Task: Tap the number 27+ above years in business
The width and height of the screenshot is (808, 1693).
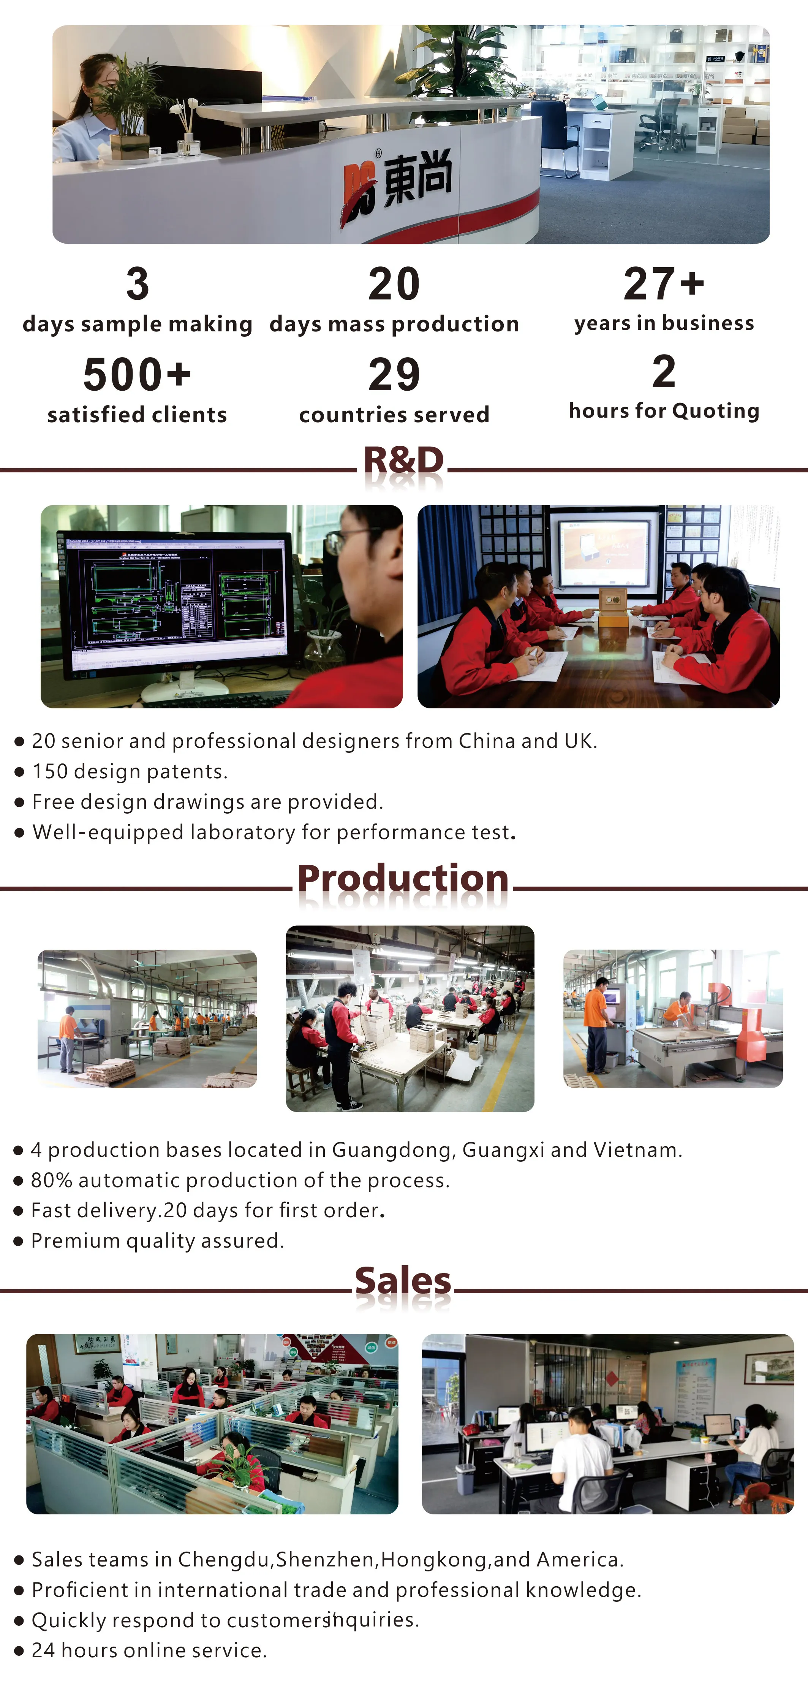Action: tap(664, 284)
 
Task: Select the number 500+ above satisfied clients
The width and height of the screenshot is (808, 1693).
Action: tap(137, 375)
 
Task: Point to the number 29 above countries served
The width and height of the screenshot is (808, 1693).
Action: tap(394, 375)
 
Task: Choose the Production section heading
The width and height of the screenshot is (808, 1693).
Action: tap(403, 878)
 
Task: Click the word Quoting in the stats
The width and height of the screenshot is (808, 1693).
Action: tap(716, 412)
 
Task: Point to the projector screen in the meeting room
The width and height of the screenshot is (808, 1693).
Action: tap(604, 545)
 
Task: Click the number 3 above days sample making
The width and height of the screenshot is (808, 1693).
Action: tap(137, 284)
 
